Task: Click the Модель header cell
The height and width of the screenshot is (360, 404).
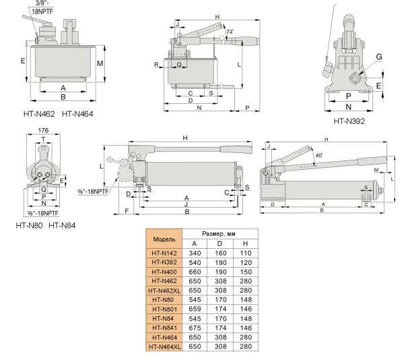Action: pyautogui.click(x=164, y=239)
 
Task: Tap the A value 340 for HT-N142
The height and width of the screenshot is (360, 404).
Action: pyautogui.click(x=194, y=253)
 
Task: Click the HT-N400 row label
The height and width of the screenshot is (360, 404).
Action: pyautogui.click(x=164, y=271)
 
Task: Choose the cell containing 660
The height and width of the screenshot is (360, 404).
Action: pyautogui.click(x=194, y=271)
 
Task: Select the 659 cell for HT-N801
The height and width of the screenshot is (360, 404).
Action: pyautogui.click(x=194, y=309)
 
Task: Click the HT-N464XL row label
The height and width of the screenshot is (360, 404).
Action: pyautogui.click(x=164, y=347)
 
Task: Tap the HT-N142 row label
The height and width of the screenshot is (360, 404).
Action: pyautogui.click(x=164, y=253)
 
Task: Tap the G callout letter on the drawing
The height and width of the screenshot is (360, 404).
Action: pyautogui.click(x=379, y=57)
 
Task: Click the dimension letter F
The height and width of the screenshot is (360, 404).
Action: pyautogui.click(x=127, y=210)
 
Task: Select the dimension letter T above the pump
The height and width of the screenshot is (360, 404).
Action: pyautogui.click(x=44, y=140)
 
